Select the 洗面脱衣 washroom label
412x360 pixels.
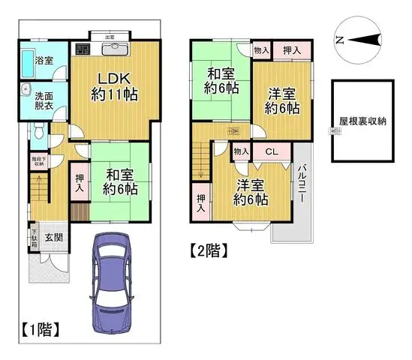(44, 100)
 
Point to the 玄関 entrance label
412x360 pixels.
(53, 238)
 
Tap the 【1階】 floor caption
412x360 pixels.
(39, 328)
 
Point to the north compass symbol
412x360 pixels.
(356, 41)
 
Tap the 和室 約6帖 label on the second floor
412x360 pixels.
(221, 80)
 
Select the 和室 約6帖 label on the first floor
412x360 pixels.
(120, 181)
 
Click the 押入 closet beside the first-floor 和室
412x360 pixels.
(80, 183)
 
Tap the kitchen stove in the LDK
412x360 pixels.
(83, 49)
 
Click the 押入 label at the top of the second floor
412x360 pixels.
(293, 50)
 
